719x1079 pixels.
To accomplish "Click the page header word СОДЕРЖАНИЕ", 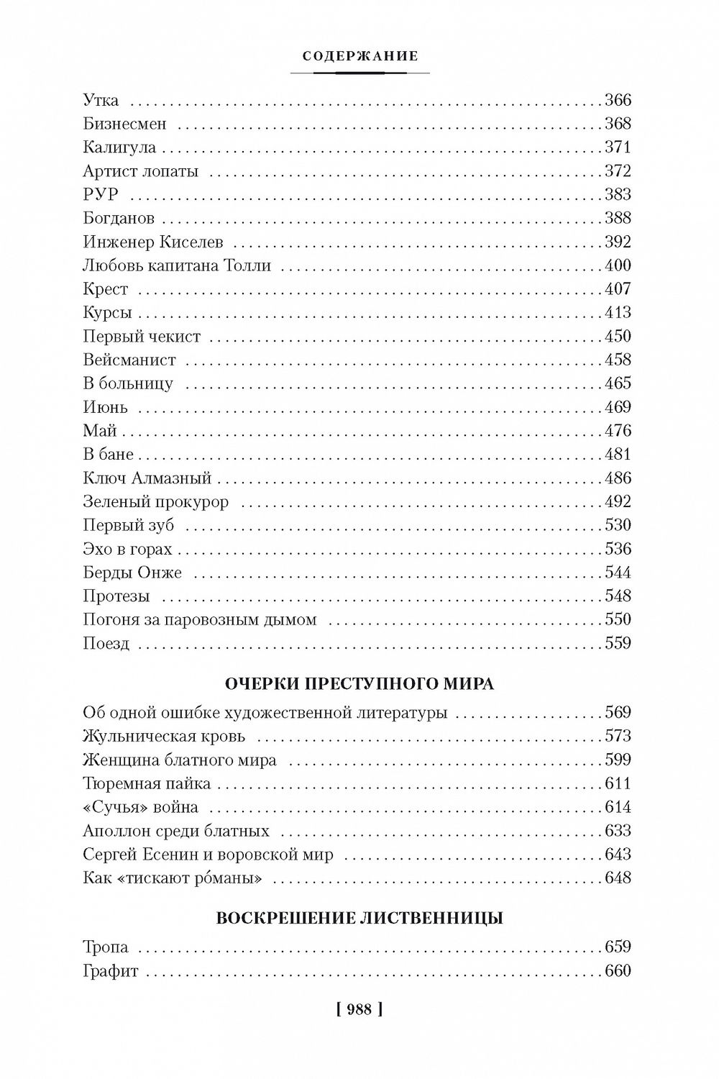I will click(360, 57).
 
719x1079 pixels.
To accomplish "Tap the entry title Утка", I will click(101, 100).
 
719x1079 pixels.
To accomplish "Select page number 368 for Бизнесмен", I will click(618, 124).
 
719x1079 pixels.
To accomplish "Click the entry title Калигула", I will click(119, 147).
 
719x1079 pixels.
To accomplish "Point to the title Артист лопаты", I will click(140, 171).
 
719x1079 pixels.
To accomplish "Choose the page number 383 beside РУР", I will click(618, 194).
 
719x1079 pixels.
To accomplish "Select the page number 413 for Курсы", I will click(618, 312).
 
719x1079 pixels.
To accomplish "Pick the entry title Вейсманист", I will click(129, 360).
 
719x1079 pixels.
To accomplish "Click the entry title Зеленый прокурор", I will click(155, 501).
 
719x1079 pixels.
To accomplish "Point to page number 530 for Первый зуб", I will click(618, 525).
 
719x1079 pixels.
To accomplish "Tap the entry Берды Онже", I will click(132, 573).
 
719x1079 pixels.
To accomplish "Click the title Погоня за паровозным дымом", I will click(200, 619).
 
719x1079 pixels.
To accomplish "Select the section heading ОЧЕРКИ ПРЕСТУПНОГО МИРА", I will click(359, 683).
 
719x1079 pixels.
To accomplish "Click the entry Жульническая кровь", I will click(164, 736).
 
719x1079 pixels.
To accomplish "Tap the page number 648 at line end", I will click(618, 878).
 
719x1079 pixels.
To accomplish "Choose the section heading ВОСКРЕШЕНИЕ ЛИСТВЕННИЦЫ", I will click(359, 919).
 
